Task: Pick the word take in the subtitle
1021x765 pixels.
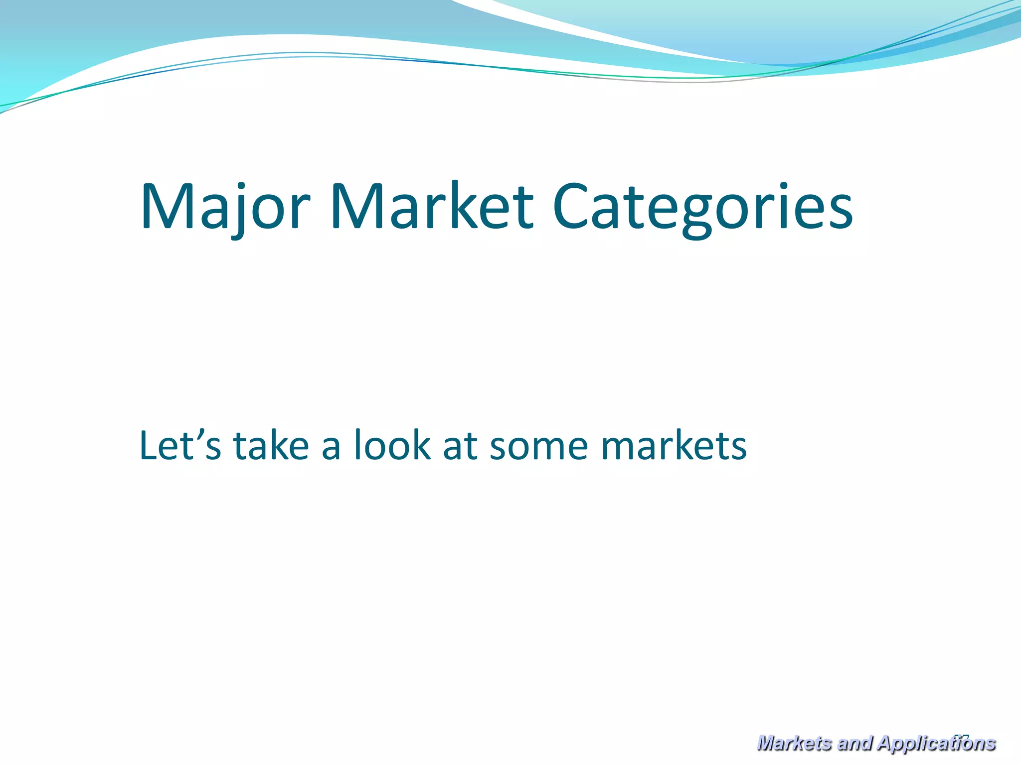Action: point(271,445)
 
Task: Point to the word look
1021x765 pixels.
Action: point(392,445)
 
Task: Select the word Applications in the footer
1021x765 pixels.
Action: point(936,743)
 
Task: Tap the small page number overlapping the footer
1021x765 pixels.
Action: point(963,737)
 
